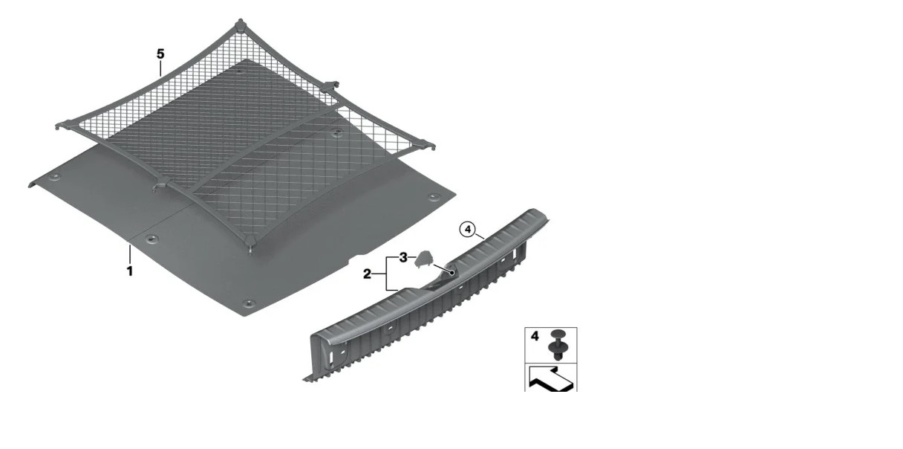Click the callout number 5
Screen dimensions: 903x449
[x=160, y=54]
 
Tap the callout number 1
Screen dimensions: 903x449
[x=130, y=271]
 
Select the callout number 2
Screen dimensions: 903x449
[x=367, y=274]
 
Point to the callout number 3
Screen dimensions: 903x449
[x=403, y=257]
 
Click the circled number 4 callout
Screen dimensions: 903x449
[x=468, y=230]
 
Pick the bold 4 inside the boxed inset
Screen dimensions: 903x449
[x=535, y=336]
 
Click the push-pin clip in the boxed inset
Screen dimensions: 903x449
[x=558, y=344]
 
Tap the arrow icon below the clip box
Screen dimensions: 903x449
[x=551, y=379]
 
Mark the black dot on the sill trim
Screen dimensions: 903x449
[x=452, y=273]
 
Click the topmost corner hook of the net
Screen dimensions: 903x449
[x=241, y=23]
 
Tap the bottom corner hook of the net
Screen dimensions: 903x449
[x=250, y=243]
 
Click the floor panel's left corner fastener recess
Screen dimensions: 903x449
[x=53, y=178]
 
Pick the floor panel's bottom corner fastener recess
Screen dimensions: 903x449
[x=249, y=303]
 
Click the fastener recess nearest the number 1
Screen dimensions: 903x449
[x=152, y=239]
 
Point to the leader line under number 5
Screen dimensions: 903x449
[x=160, y=68]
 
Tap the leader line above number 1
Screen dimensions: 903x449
[x=130, y=253]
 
